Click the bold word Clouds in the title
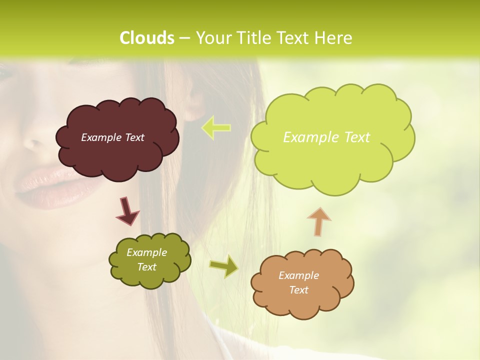pyautogui.click(x=146, y=38)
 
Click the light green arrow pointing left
pyautogui.click(x=216, y=127)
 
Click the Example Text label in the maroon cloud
pyautogui.click(x=112, y=137)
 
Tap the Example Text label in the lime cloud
pyautogui.click(x=326, y=137)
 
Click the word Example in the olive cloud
pyautogui.click(x=146, y=252)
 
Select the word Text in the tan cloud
pyautogui.click(x=298, y=290)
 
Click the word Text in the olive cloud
pyautogui.click(x=146, y=267)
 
